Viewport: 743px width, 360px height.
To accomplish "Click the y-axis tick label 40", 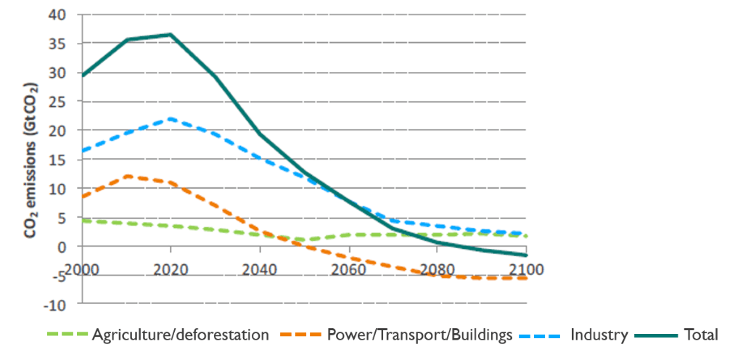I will tap(57, 15).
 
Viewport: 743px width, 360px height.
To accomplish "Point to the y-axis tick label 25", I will tap(57, 102).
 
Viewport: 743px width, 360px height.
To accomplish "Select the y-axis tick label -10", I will tap(53, 303).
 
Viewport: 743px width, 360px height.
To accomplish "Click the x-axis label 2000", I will tap(82, 269).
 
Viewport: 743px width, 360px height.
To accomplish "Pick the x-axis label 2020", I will tap(171, 269).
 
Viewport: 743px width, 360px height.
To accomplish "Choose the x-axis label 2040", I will tap(260, 269).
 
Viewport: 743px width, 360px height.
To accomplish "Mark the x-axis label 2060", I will tap(349, 269).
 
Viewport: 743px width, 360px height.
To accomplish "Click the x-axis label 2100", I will tap(526, 269).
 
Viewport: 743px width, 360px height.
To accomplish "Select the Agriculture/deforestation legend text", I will tap(180, 335).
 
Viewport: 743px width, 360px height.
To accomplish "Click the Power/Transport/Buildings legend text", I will tap(420, 335).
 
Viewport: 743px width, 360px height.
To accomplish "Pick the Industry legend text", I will tap(599, 335).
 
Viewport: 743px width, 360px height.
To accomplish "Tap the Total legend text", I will tap(701, 335).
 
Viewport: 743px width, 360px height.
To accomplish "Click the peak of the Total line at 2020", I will tap(171, 34).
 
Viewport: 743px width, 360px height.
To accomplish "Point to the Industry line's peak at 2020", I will tap(171, 118).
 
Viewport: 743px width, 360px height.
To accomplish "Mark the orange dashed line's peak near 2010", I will tap(128, 176).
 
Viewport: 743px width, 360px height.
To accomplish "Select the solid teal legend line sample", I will tap(657, 335).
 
